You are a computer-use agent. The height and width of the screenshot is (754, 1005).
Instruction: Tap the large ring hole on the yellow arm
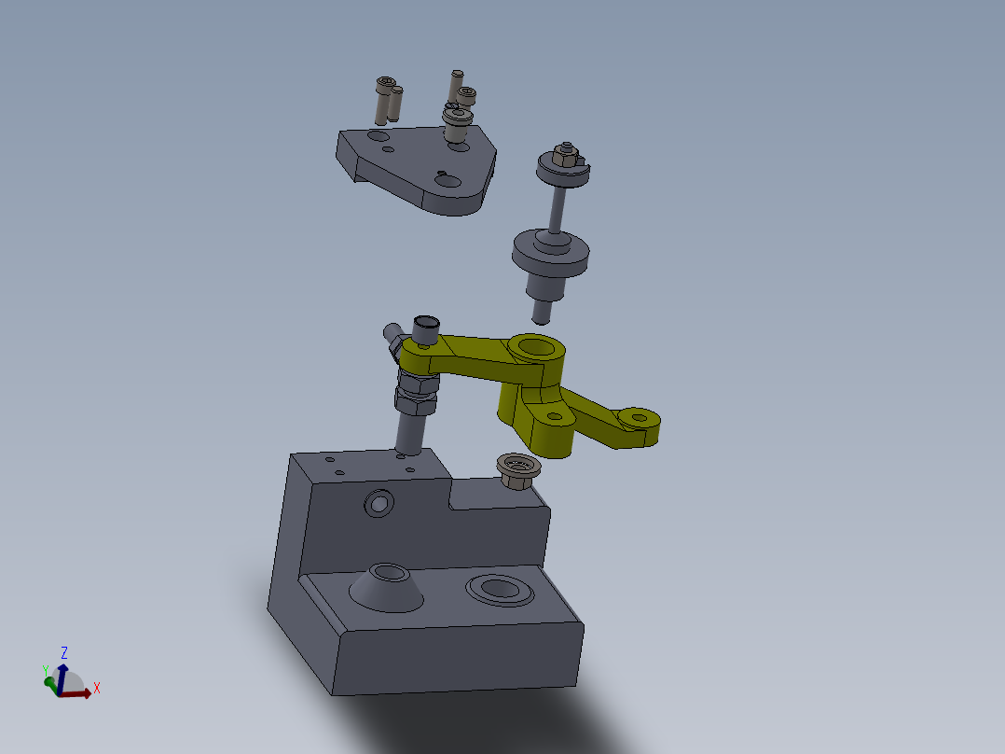tap(536, 348)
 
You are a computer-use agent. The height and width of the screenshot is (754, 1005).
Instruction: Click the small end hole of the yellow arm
tap(639, 415)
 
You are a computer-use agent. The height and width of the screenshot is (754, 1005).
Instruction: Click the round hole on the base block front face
tap(379, 504)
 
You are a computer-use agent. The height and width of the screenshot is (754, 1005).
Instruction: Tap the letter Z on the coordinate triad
tap(64, 652)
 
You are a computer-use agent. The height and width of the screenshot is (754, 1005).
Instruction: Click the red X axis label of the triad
tap(96, 689)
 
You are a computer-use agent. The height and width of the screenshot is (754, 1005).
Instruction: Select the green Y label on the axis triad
tap(45, 670)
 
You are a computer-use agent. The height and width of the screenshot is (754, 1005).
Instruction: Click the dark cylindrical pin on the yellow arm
tap(425, 328)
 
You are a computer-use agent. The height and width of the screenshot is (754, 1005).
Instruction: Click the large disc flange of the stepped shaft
tap(551, 253)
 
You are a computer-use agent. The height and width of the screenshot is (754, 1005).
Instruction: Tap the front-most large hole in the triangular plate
tap(447, 183)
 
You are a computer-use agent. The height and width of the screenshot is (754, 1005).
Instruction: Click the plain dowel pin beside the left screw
tap(395, 104)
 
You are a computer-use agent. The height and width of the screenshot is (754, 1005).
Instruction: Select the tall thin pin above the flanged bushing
tap(456, 82)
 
